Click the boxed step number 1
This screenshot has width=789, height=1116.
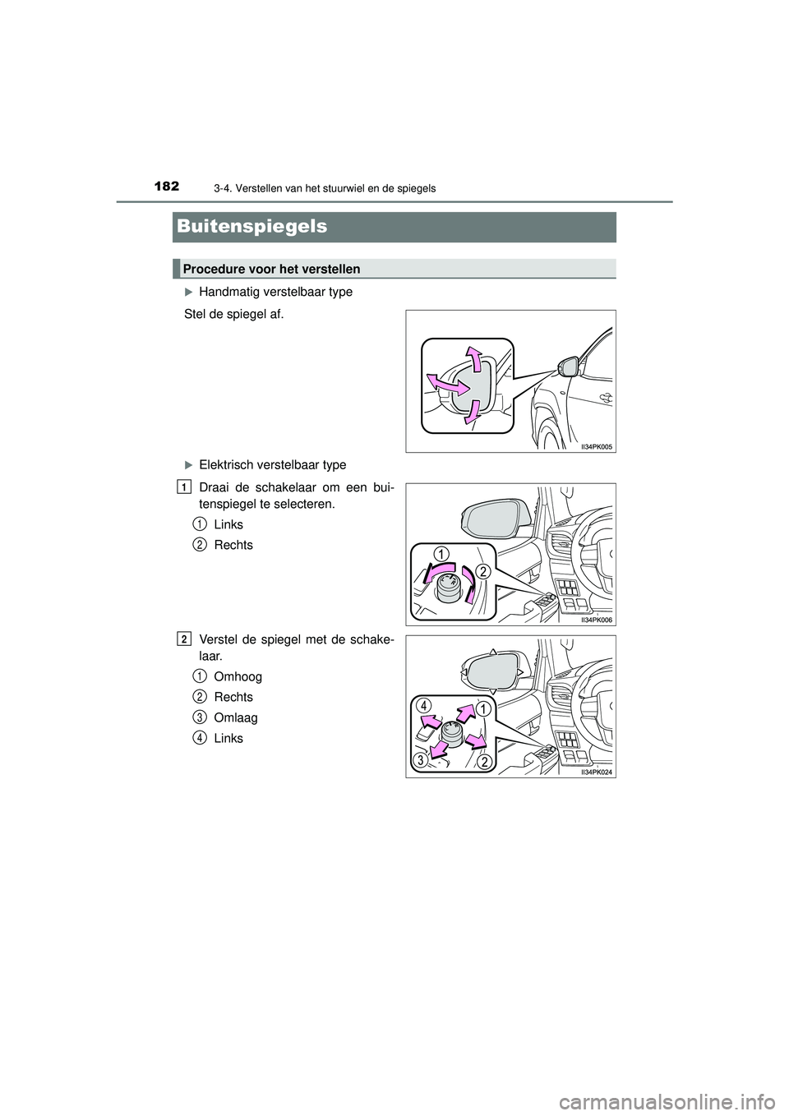(183, 487)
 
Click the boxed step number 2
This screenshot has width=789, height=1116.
(183, 639)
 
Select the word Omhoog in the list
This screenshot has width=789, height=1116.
(238, 676)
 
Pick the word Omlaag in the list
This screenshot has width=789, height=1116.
(235, 717)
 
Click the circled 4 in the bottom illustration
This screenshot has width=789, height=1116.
(422, 705)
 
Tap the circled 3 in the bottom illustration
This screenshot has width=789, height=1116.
(420, 761)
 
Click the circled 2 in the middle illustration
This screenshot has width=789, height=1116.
(483, 572)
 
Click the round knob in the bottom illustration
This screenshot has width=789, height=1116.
(451, 733)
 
